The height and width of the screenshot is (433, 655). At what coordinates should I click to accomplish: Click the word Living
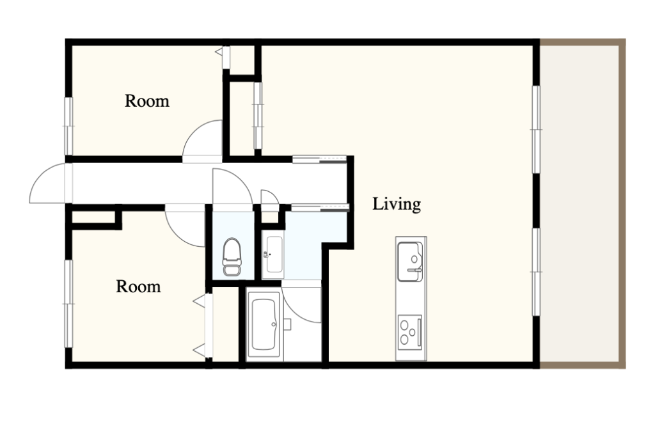click(x=397, y=204)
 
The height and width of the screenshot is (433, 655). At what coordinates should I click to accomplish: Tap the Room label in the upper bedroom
click(x=147, y=101)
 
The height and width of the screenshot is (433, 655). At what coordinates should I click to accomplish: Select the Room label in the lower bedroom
click(x=138, y=287)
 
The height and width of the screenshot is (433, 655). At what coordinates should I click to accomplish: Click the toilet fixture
click(x=232, y=256)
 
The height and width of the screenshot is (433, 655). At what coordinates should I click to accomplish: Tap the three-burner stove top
click(x=409, y=333)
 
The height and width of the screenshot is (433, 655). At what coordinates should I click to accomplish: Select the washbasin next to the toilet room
click(x=272, y=255)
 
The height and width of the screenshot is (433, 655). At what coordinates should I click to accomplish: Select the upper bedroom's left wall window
click(x=68, y=126)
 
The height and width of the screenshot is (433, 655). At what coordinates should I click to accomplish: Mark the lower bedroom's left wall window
click(x=68, y=304)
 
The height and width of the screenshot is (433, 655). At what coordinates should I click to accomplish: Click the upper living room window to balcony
click(x=536, y=129)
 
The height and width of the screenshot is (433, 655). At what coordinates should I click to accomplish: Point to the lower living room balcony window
click(x=536, y=272)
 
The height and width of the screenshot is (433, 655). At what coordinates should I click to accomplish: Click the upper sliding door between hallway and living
click(x=319, y=159)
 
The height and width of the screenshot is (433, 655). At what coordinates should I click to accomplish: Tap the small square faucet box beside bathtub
click(x=287, y=324)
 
